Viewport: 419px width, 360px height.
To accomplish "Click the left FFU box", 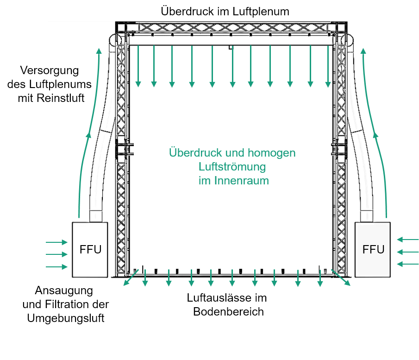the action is pos(90,250).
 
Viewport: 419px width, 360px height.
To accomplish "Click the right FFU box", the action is pos(373,250).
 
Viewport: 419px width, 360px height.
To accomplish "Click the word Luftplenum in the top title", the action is pos(261,12).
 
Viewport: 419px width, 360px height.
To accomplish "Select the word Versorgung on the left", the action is pos(50,71).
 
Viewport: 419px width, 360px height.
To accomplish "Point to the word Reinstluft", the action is pos(60,98).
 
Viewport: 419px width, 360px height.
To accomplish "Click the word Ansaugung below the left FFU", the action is pos(64,291).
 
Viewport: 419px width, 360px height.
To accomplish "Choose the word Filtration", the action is pos(67,304).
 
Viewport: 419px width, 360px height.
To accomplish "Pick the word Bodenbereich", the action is pos(228,312).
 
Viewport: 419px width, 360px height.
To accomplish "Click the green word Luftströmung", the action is pos(232,167).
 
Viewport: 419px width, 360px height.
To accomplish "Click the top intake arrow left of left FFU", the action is pos(56,242).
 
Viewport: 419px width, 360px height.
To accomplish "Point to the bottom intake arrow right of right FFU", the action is pos(408,264).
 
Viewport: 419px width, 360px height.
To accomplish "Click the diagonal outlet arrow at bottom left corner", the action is pos(131,278).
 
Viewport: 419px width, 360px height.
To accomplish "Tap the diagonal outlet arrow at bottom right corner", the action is pos(341,278).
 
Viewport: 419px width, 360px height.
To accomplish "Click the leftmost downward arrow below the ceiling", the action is pos(138,66).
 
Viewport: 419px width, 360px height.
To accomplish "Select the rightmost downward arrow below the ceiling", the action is pos(328,66).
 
